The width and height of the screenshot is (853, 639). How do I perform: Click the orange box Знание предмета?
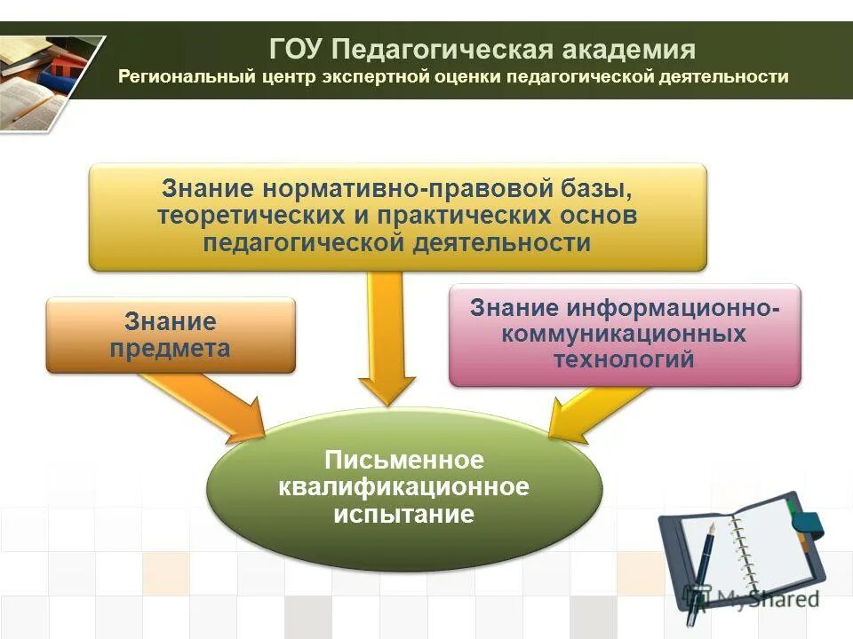coord(170,335)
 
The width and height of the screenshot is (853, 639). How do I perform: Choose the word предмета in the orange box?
coord(170,349)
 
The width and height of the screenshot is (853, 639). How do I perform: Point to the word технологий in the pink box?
coord(624,359)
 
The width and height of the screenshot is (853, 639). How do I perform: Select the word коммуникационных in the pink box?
coord(624,335)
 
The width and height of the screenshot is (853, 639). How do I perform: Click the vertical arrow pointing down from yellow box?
coord(387,337)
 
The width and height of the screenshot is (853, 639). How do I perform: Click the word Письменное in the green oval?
coord(403,461)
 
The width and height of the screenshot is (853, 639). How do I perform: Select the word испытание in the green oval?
coord(403,514)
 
